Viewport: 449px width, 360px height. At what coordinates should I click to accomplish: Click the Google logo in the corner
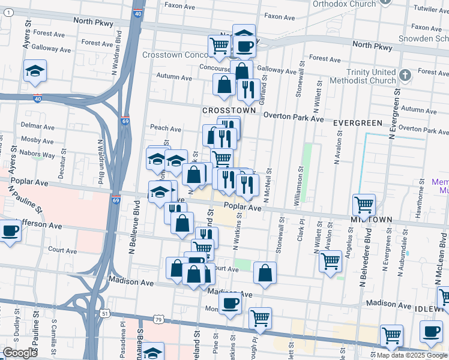point(20,353)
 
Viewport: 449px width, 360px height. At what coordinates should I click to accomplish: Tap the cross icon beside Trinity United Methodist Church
point(405,76)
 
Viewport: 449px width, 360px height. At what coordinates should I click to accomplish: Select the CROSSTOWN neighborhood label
point(229,111)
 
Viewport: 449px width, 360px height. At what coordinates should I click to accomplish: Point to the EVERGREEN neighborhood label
point(358,123)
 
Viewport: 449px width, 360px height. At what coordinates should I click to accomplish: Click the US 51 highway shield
point(105,313)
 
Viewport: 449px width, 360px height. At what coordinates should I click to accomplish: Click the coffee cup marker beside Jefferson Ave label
point(10,230)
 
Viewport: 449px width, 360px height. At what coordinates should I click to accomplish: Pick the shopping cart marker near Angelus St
point(331,261)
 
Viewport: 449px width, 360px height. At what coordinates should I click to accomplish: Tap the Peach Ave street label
point(166,128)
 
